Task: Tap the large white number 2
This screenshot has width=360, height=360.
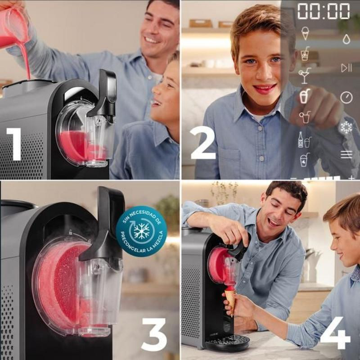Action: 203,142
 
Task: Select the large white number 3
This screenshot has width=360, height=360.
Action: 154,334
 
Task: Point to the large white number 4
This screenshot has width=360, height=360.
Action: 335,333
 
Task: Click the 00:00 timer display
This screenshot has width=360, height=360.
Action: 324,11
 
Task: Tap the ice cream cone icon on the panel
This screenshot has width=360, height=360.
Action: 305,33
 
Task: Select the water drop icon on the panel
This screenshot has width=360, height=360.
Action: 346,39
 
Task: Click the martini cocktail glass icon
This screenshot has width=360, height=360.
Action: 305,76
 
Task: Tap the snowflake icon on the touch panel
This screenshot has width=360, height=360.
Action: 346,127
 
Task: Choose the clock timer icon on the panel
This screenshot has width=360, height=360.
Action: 346,97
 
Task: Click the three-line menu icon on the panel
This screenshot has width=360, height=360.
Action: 346,154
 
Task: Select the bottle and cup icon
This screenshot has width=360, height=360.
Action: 305,140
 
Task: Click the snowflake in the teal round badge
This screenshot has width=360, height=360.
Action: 141,231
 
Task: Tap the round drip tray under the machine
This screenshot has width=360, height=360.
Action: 227,342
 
